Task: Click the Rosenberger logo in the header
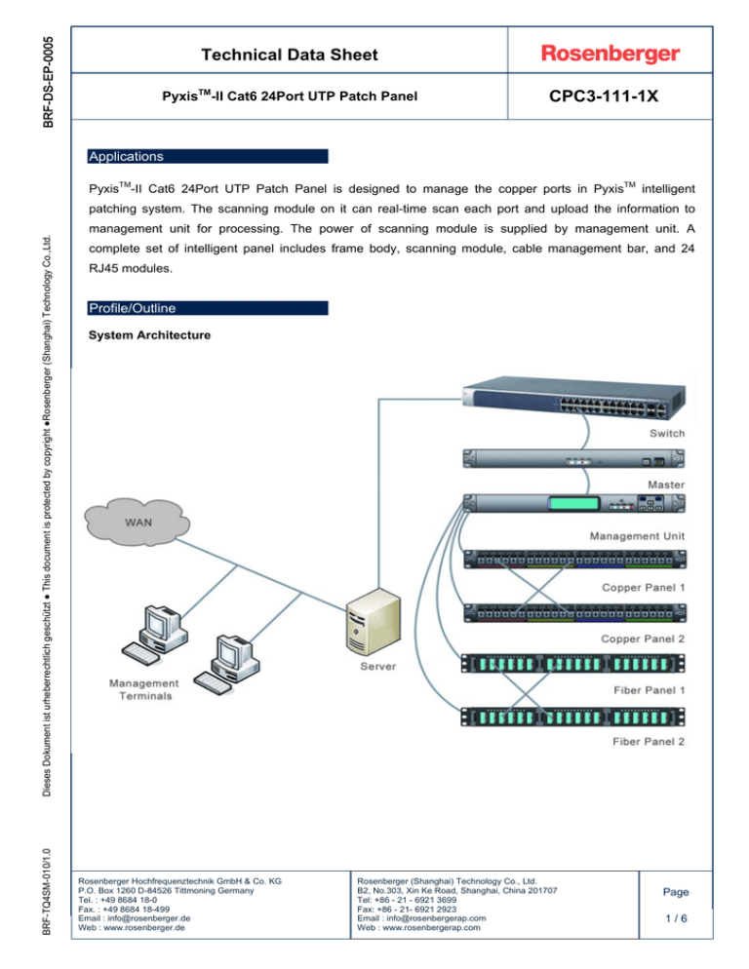pos(610,54)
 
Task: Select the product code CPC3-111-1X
pos(603,97)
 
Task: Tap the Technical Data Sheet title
pos(290,55)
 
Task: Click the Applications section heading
pos(126,156)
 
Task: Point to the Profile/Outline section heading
pos(133,308)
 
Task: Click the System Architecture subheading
pos(149,335)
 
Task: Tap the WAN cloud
pos(138,522)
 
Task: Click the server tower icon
pos(373,622)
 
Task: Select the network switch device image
pos(573,398)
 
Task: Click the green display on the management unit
pos(573,504)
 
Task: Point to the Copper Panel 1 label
pos(644,587)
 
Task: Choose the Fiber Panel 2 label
pos(649,742)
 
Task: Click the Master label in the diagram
pos(666,484)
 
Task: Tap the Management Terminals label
pos(144,689)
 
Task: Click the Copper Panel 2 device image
pos(574,613)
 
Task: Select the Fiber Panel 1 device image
pos(572,664)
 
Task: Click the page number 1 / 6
pos(676,918)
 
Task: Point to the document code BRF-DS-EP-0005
pos(48,82)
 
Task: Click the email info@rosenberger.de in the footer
pos(149,918)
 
